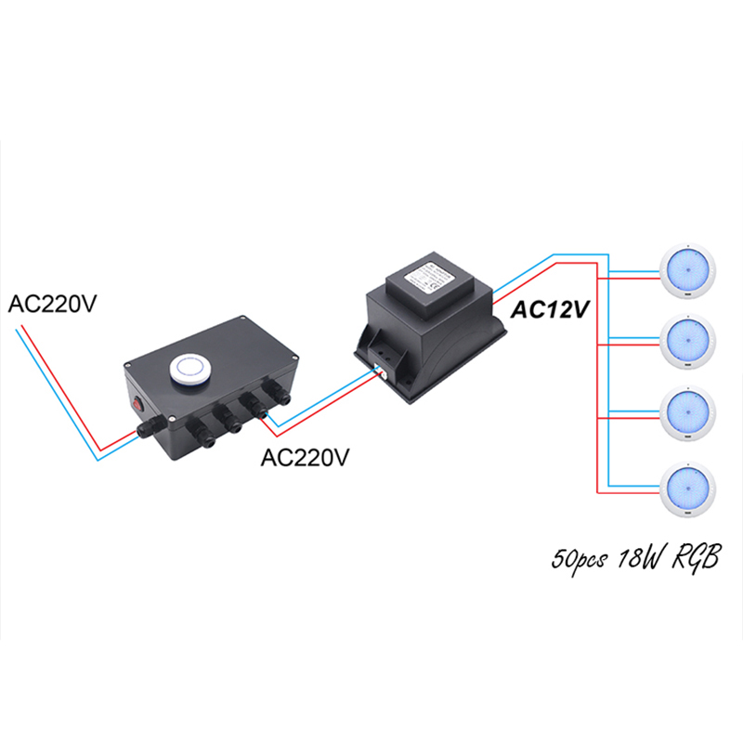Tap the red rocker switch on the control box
138,405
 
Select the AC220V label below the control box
307,458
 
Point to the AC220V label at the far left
53,304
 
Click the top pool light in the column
686,267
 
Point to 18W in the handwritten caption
635,560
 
